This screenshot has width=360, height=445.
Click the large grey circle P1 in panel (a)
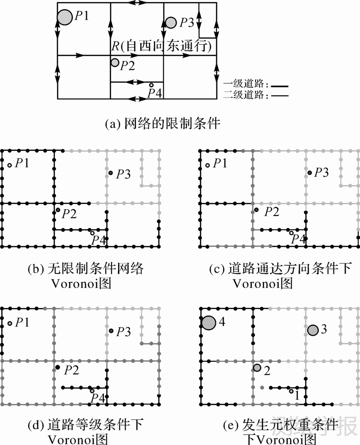(65, 18)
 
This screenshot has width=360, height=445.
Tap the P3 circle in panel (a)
(171, 22)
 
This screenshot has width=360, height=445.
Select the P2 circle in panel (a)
(115, 63)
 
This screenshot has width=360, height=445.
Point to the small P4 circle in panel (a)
(151, 85)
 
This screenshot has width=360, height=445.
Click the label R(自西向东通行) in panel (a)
(162, 46)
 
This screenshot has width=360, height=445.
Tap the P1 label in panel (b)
(22, 163)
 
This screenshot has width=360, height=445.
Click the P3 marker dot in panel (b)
(110, 173)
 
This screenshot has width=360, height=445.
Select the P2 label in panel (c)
(271, 212)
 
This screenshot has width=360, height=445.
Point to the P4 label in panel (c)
(298, 239)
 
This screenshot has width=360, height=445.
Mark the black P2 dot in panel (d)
(58, 368)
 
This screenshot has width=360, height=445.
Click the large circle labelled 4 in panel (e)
(208, 323)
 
